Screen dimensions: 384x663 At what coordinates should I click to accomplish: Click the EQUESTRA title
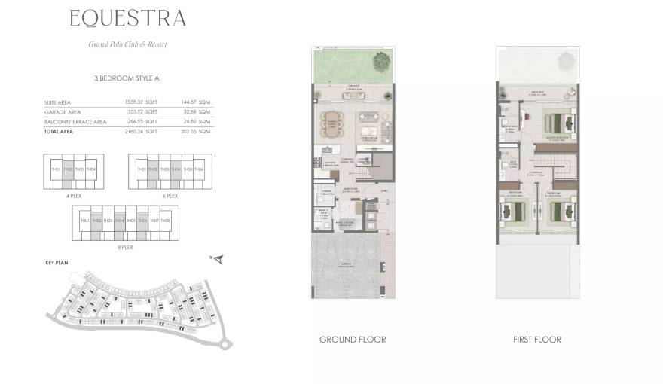[127, 18]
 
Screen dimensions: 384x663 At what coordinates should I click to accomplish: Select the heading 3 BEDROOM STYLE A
[127, 78]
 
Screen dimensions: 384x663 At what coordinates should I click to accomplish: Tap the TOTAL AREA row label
[60, 131]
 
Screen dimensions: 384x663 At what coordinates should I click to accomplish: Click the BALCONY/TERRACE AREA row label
[75, 121]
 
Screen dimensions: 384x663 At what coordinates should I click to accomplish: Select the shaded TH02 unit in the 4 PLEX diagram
[68, 169]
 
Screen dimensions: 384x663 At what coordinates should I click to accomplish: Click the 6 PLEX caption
[171, 195]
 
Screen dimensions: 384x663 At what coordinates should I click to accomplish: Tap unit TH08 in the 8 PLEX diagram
[165, 221]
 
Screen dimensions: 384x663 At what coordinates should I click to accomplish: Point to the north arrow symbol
[218, 260]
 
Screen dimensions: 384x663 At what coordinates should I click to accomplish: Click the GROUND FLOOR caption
[352, 340]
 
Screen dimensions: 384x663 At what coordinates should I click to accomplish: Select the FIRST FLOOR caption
[536, 340]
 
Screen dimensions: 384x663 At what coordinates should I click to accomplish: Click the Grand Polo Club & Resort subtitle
[127, 44]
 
